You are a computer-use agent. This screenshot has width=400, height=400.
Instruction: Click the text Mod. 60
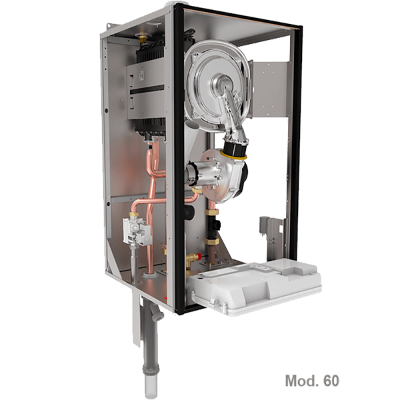(312, 381)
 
